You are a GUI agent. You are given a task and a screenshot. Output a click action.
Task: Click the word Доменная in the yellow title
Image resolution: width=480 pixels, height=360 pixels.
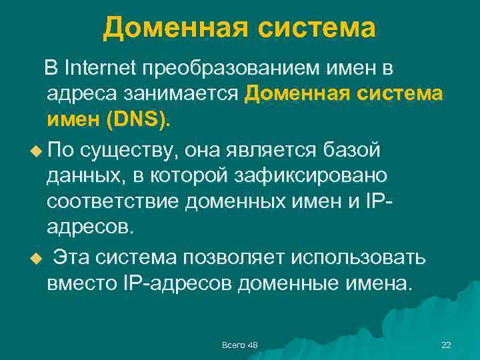(169, 28)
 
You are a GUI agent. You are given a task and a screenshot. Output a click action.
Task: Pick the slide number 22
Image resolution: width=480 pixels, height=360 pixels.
(446, 344)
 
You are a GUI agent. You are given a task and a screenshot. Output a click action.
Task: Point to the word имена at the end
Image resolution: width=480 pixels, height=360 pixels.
(375, 285)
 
